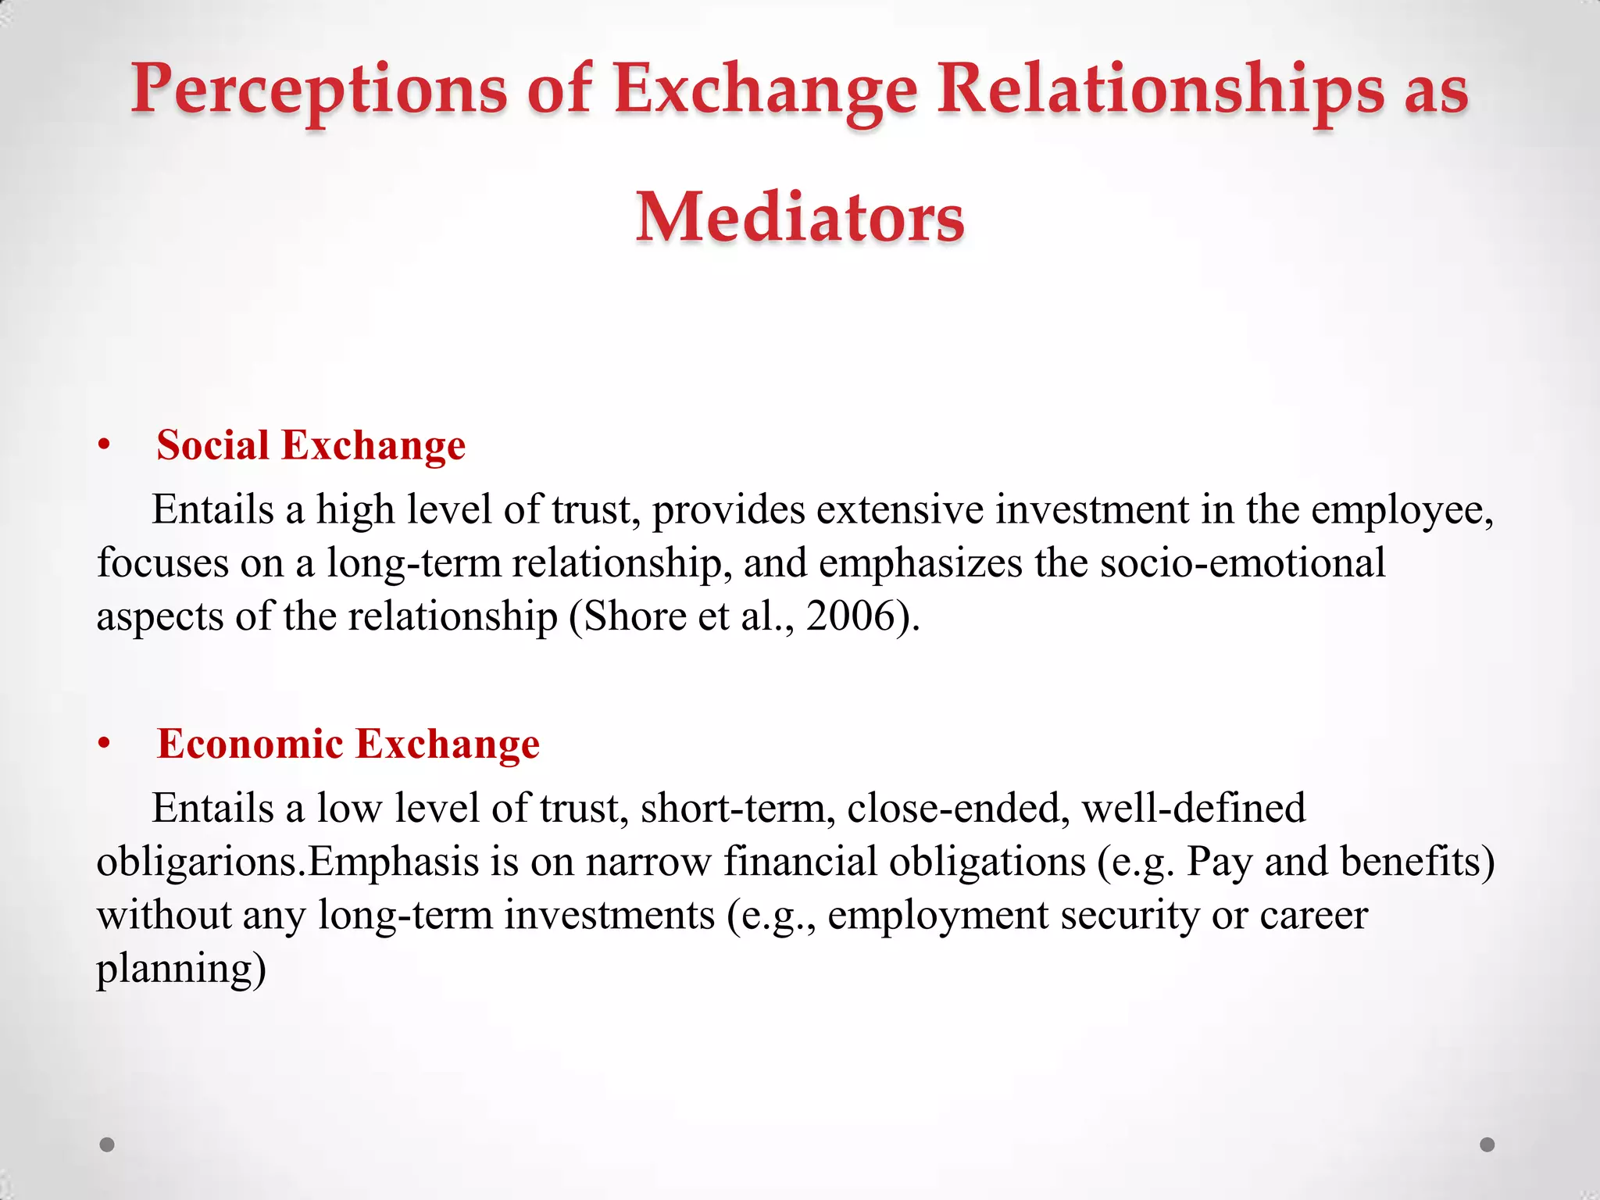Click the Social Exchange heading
(x=311, y=445)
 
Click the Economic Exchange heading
(x=348, y=744)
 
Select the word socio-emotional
(x=1242, y=563)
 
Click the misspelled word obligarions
(x=200, y=862)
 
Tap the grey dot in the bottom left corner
(x=107, y=1145)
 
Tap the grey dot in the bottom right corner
(x=1487, y=1145)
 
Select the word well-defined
(x=1193, y=809)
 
